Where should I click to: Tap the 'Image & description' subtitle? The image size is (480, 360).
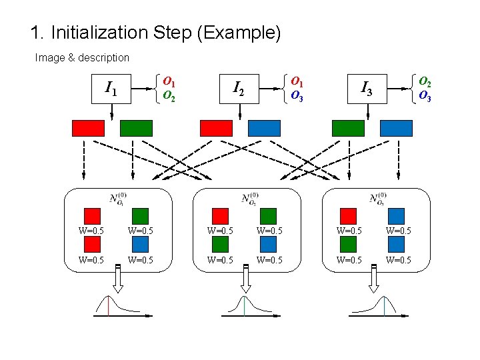coord(82,58)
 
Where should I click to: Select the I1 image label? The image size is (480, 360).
coord(111,88)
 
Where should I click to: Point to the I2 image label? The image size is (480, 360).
coord(239,88)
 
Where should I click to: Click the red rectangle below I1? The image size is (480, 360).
coord(88,128)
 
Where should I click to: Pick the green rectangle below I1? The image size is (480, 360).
coord(136,128)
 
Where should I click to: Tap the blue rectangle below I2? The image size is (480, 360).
coord(265,128)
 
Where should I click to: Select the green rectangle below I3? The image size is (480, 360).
coord(348,128)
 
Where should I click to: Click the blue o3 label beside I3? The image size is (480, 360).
coord(424,96)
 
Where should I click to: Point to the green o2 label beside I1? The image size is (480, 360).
coord(169,97)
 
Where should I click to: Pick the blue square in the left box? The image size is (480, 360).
coord(140,245)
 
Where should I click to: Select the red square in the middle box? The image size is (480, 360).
coord(220,216)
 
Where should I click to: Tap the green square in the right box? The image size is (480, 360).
coord(348,245)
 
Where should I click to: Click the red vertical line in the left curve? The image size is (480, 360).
coord(108,305)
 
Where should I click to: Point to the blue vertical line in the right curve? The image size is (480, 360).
coord(384,305)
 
